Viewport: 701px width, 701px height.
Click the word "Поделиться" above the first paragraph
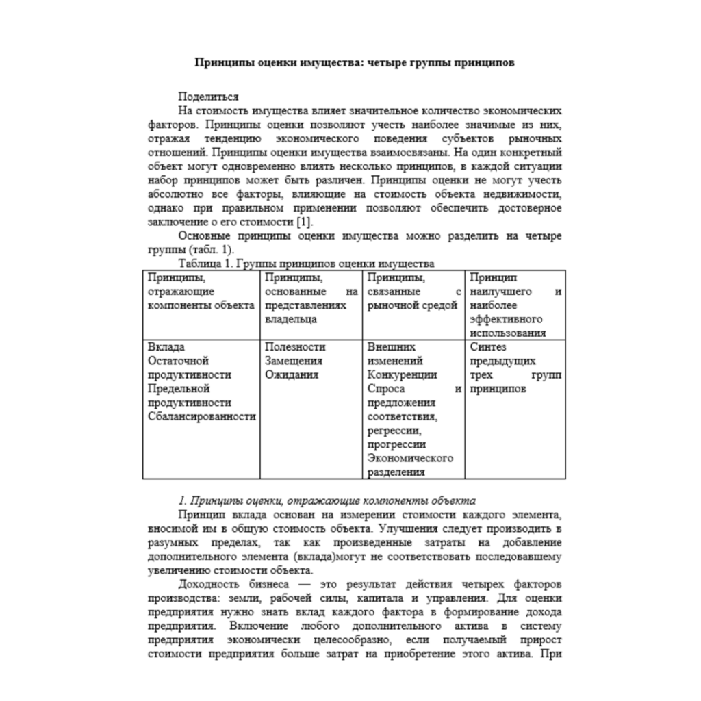pos(208,97)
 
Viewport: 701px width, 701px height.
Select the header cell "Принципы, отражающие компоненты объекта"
pos(201,292)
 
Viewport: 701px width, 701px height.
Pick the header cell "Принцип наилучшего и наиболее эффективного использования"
pos(515,305)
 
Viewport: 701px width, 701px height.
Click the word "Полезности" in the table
pos(294,347)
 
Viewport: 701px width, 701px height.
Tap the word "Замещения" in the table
pos(293,361)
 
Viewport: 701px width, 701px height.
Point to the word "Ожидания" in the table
pos(291,375)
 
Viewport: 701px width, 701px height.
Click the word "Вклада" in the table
pos(166,347)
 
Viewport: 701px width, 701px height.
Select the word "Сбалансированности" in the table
pos(201,416)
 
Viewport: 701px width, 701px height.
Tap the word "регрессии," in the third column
pos(393,431)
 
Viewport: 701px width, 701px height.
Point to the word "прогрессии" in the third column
pos(396,444)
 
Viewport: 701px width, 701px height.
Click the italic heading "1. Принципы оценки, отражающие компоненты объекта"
pos(322,500)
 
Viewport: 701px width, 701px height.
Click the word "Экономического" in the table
pos(410,458)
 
